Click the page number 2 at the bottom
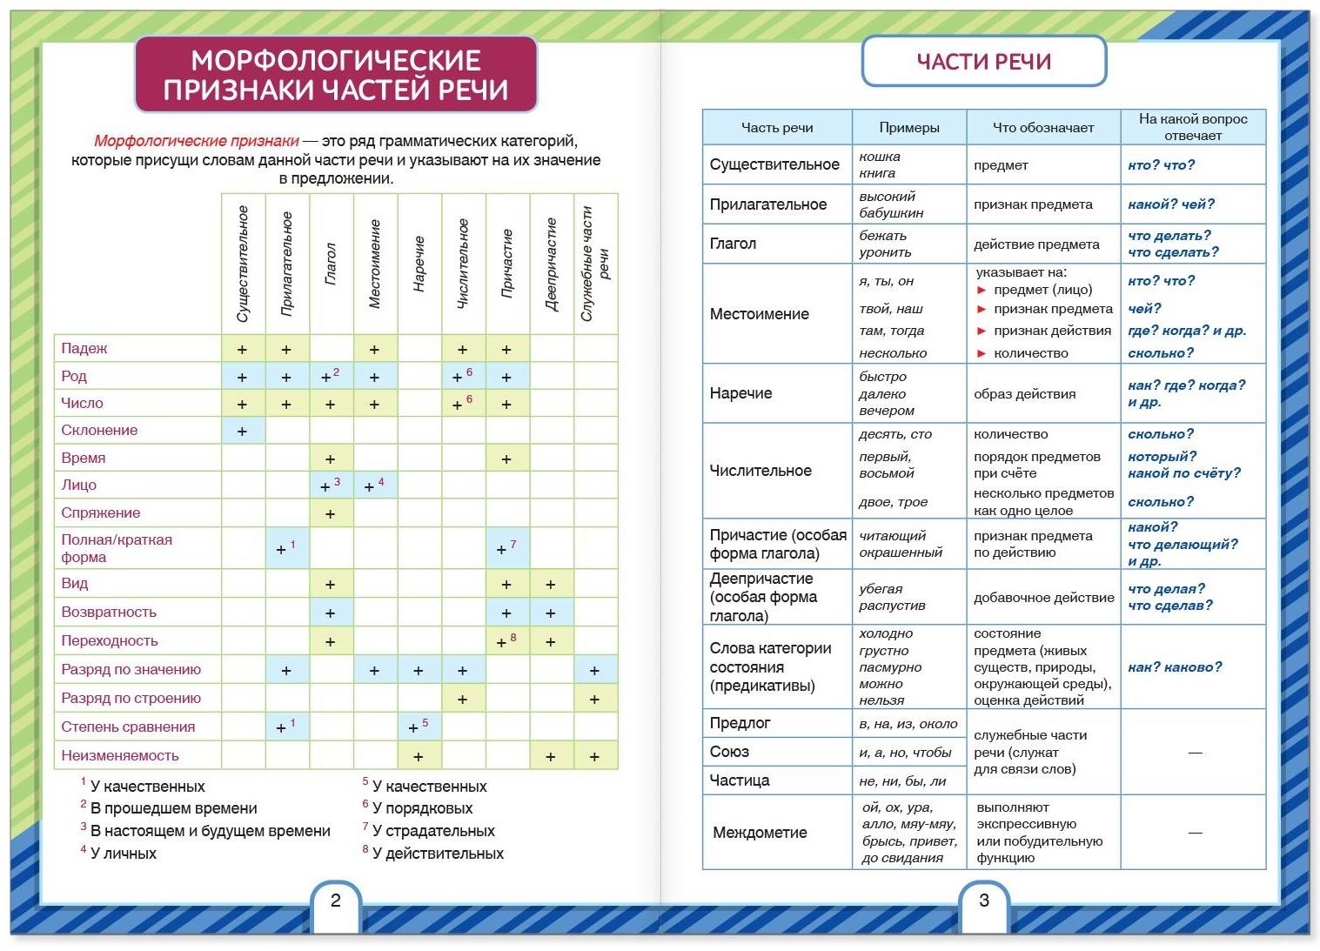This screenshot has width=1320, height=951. coord(336,901)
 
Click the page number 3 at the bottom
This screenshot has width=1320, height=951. coord(984,901)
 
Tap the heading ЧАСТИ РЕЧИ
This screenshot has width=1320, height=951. coord(984,62)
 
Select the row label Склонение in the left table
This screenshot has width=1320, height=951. coord(99,430)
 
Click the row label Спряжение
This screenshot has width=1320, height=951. coord(101,512)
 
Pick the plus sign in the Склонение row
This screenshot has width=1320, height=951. coord(243,431)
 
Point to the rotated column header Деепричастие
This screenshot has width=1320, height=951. coord(551,264)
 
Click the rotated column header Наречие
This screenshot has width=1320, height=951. coord(419,264)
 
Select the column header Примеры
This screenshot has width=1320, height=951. coord(909,127)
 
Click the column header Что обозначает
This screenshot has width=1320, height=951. coord(1043,127)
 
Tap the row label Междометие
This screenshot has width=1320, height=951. coord(760,833)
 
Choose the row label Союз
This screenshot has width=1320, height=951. coord(729,752)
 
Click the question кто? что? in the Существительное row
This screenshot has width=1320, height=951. coord(1161,164)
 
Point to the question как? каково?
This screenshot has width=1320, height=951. coord(1175,666)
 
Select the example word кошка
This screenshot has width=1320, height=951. coord(880,157)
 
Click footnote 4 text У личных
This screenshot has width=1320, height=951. coord(124,854)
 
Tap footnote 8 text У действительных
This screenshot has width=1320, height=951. coord(438,854)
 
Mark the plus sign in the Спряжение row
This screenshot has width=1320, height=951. coord(330,514)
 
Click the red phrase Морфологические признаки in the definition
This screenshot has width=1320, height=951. coord(197,141)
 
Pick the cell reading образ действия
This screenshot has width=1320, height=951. coord(1024,393)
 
